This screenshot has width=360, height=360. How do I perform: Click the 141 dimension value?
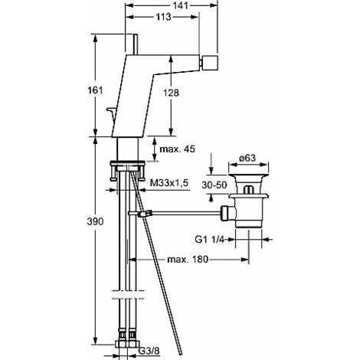click(x=181, y=5)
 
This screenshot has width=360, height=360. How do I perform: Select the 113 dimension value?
click(x=163, y=17)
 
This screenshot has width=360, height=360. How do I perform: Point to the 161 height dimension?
click(x=95, y=90)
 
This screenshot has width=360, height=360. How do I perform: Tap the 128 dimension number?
click(x=171, y=93)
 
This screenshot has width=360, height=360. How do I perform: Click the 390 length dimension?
click(x=95, y=221)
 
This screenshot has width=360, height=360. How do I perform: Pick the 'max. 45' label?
click(x=177, y=149)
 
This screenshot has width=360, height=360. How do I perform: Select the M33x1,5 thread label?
click(x=169, y=183)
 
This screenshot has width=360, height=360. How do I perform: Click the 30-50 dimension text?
click(x=214, y=185)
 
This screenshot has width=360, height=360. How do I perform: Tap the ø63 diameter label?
click(x=247, y=158)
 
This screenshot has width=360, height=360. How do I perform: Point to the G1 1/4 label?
click(x=209, y=239)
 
